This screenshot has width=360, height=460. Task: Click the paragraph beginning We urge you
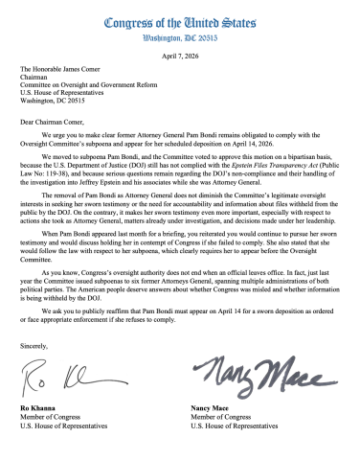(x=179, y=145)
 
